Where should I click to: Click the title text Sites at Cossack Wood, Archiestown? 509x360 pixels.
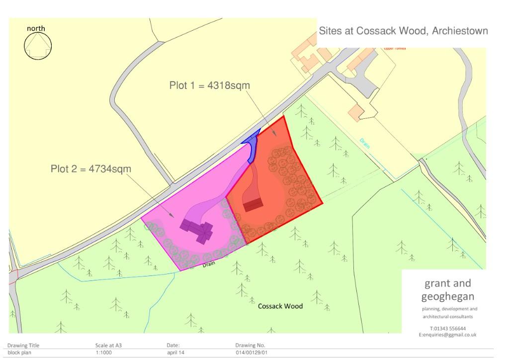coord(403,31)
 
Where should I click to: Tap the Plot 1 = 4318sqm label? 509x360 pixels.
coord(209,86)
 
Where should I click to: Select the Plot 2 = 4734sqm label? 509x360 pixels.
coord(91,169)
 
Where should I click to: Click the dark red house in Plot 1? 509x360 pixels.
coord(253,204)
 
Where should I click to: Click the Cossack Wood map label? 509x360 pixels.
coord(280,306)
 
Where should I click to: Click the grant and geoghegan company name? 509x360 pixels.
coord(447,290)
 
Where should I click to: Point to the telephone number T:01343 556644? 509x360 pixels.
coord(447,328)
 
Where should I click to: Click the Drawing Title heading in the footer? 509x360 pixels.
coord(23,345)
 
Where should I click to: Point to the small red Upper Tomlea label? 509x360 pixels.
coord(395,48)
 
